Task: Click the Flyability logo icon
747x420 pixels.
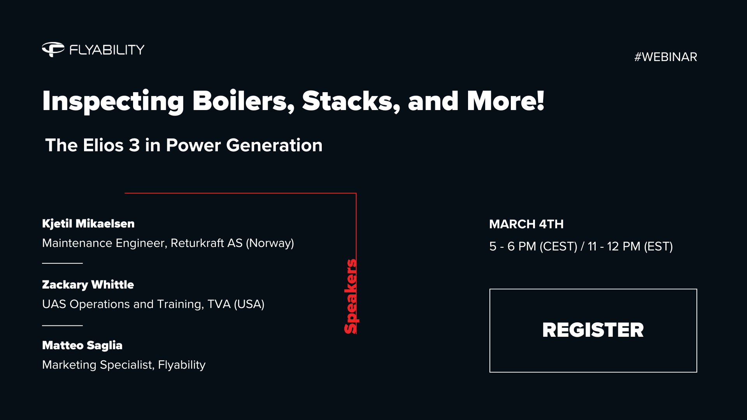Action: click(x=53, y=49)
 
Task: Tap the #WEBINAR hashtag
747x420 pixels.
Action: click(x=665, y=57)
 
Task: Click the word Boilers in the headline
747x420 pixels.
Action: click(x=243, y=101)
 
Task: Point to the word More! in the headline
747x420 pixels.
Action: click(x=505, y=101)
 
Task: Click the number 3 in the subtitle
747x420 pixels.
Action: click(x=134, y=145)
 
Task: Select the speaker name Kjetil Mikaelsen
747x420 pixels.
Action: click(x=88, y=224)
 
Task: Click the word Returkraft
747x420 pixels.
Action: click(x=197, y=243)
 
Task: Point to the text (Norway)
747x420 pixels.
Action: click(x=270, y=243)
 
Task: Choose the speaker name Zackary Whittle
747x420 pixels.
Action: click(x=88, y=285)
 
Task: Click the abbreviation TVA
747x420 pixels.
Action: click(x=219, y=304)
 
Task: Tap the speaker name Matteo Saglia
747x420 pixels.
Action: click(x=82, y=345)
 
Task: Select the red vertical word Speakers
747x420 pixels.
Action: click(x=351, y=296)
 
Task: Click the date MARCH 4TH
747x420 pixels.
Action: click(x=526, y=224)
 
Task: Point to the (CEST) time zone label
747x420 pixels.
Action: click(x=559, y=247)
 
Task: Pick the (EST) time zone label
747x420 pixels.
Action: click(x=658, y=247)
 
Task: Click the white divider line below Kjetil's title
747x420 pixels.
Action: click(x=62, y=263)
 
